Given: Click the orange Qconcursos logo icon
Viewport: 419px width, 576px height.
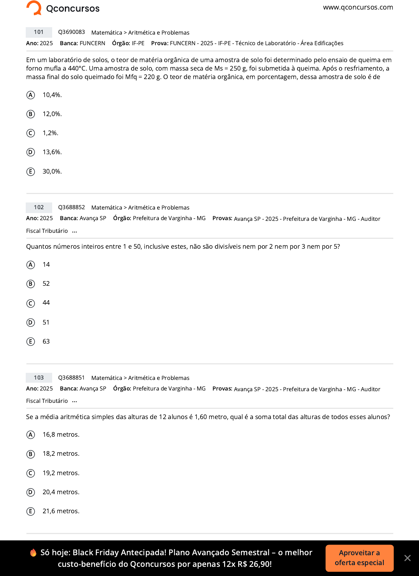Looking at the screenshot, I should click(34, 8).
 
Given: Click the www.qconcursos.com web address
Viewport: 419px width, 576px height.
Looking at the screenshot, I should click(358, 7).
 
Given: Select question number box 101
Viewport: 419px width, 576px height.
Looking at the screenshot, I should click(39, 32).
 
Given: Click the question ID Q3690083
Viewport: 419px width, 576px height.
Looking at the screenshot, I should click(72, 32).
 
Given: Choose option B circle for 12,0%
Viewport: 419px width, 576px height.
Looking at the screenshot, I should click(31, 114).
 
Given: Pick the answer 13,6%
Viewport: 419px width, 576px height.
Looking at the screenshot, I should click(52, 152).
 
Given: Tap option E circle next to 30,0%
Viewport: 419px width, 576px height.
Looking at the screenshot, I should click(31, 171).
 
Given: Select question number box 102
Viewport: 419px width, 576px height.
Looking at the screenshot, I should click(39, 207).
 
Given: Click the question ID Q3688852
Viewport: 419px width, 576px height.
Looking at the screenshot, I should click(72, 207).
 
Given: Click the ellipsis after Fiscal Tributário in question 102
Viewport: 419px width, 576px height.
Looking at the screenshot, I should click(74, 231).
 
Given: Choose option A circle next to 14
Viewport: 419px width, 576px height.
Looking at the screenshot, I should click(31, 265).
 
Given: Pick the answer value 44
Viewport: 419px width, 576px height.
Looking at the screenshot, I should click(46, 303).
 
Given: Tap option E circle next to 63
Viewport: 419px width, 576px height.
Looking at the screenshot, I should click(31, 341).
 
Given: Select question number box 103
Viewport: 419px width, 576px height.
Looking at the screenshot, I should click(39, 378).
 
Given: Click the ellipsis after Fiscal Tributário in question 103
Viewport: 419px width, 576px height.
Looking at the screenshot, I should click(74, 401).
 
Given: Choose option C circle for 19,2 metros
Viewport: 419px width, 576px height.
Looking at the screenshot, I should click(31, 473).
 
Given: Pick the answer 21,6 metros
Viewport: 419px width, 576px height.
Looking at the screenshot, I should click(61, 511).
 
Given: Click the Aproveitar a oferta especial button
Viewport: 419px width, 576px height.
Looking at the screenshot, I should click(359, 558).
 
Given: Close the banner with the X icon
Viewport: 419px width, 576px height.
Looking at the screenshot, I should click(407, 558).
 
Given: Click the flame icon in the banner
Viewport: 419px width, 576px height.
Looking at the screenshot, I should click(33, 553).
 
